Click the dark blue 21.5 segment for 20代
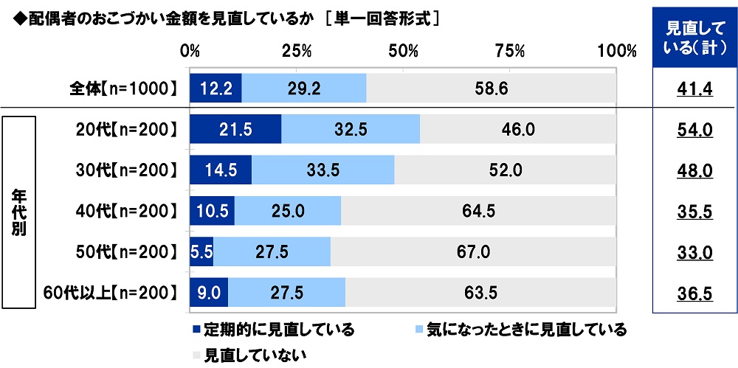(x=235, y=129)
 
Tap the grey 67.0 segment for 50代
(x=472, y=251)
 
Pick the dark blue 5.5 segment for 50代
(x=201, y=251)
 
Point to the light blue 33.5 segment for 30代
(x=323, y=170)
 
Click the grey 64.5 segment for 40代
(x=478, y=211)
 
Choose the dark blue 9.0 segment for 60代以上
(x=209, y=293)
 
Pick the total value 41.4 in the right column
(x=694, y=90)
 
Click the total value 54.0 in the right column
(x=694, y=130)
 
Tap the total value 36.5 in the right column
(x=694, y=294)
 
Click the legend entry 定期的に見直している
(x=273, y=329)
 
